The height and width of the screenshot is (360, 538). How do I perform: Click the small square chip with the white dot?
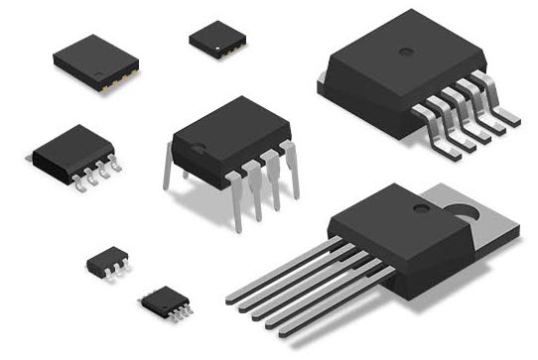(x=217, y=38)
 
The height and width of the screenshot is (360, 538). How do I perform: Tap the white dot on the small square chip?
(x=215, y=42)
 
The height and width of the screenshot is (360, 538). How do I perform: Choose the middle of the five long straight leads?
(x=298, y=288)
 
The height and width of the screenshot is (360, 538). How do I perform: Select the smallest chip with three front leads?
(x=106, y=262)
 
